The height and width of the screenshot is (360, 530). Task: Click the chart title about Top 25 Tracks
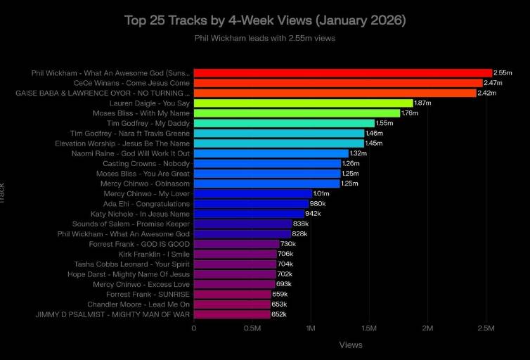click(x=264, y=20)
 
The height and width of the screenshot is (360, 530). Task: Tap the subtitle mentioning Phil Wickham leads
click(x=264, y=38)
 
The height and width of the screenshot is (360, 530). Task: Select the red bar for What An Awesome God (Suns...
click(x=342, y=72)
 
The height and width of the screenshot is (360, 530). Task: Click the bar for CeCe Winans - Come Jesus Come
click(x=337, y=83)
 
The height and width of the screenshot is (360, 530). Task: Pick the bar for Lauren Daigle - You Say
click(x=303, y=103)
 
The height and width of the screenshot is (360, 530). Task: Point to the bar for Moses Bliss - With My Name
click(x=296, y=112)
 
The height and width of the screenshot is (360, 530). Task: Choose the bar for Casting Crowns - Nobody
click(x=267, y=164)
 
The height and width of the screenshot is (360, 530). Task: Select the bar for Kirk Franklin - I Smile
click(x=235, y=254)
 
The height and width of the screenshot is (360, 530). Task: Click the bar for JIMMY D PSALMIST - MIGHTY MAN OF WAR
click(x=231, y=314)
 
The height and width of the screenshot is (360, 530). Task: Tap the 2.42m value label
click(x=486, y=93)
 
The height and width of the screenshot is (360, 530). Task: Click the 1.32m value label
click(x=358, y=153)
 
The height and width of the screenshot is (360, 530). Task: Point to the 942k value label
click(x=313, y=214)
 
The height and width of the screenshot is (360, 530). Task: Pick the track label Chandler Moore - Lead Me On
click(x=138, y=304)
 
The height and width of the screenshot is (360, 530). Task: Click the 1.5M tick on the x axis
click(x=368, y=328)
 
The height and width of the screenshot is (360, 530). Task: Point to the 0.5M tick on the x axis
click(x=252, y=328)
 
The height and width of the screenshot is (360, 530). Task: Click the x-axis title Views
click(x=351, y=345)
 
